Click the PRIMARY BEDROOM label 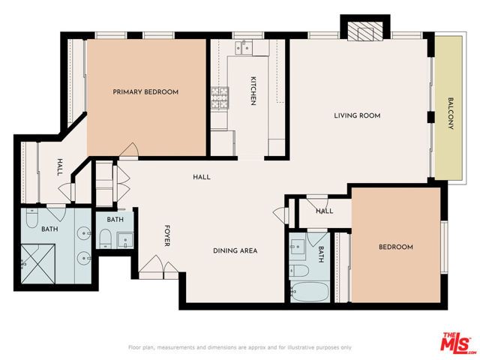[145, 92]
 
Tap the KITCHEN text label [253, 91]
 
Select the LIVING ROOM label [357, 115]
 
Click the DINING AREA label [235, 250]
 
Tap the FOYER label [168, 236]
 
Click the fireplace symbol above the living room [364, 31]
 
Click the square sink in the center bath [124, 240]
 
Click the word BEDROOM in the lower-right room [395, 247]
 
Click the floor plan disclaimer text [239, 347]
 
